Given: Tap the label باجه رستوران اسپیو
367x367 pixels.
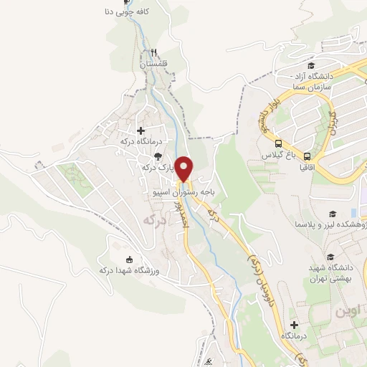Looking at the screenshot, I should coord(189,193).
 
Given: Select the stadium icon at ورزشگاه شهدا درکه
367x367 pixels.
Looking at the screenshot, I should coord(129,259).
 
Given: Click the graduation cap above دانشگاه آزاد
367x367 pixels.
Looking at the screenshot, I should coord(311,65).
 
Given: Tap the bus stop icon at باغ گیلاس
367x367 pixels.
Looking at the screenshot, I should coord(278,142).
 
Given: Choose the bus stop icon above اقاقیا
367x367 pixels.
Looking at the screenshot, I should coord(307,156).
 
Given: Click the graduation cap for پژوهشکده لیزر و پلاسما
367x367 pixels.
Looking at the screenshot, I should coord(333,214).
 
